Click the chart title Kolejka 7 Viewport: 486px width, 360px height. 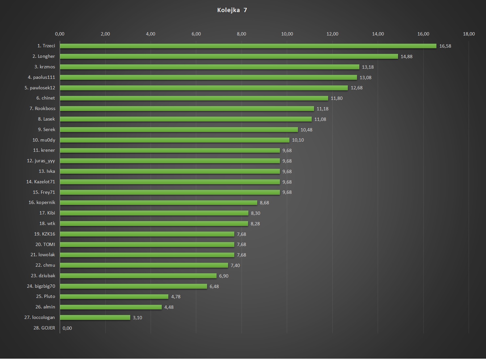point(232,10)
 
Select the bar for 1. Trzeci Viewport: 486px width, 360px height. point(248,46)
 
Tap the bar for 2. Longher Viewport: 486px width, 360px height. point(229,56)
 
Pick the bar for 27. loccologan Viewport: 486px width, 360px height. point(95,318)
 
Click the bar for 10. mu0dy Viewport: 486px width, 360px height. point(175,140)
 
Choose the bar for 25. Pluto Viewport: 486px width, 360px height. point(114,297)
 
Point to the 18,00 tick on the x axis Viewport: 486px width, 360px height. point(469,34)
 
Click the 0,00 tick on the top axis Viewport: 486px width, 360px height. point(60,34)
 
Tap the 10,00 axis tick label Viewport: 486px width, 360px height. point(287,34)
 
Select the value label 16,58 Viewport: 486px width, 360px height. point(445,46)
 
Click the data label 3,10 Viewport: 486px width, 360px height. point(137,318)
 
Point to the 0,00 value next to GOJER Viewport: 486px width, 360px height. point(67,328)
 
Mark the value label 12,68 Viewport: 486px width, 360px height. point(356,88)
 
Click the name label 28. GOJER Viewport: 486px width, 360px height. point(44,328)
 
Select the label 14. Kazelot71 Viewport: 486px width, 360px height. point(41,182)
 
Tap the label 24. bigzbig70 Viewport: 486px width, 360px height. point(41,286)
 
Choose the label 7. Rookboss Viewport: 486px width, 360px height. point(42,108)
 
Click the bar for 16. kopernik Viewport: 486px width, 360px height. point(158,203)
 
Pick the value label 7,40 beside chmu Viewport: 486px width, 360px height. point(235,265)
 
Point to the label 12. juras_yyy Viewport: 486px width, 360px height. point(41,161)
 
